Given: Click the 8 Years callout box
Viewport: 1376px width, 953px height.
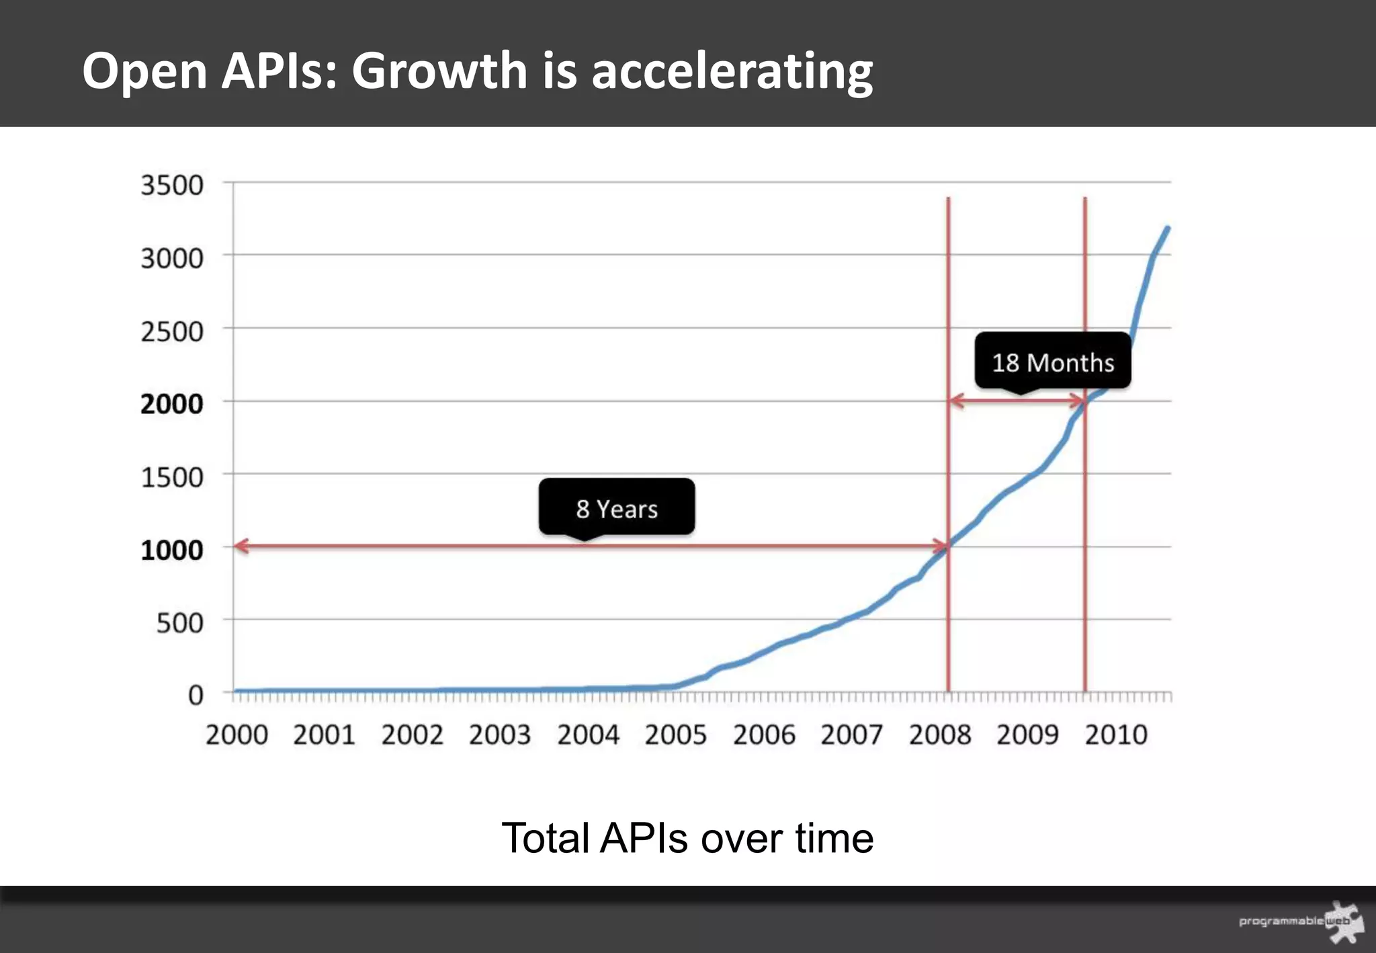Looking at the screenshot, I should point(616,507).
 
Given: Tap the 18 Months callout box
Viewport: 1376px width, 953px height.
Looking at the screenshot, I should point(1052,362).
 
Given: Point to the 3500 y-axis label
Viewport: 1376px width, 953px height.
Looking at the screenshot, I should point(171,185).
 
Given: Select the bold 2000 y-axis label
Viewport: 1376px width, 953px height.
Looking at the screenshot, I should point(171,404).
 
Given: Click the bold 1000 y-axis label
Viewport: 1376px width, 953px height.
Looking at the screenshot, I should point(171,550).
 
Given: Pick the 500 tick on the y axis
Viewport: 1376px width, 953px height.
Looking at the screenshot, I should point(179,623).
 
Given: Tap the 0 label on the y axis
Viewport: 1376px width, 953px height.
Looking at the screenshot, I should point(195,695).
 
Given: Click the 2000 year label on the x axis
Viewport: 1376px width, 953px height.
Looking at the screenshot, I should point(236,735).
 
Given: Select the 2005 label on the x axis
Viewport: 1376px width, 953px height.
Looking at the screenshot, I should point(675,735).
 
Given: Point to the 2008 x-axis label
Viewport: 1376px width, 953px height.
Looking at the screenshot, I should point(939,735).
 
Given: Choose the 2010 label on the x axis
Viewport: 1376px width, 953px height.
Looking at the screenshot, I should point(1115,735).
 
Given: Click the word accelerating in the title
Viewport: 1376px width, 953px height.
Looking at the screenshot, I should point(732,71).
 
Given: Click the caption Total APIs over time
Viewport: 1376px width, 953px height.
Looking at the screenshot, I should point(687,838).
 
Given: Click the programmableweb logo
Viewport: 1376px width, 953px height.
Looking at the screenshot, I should point(1301,921).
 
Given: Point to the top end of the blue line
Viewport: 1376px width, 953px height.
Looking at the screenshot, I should point(1167,229).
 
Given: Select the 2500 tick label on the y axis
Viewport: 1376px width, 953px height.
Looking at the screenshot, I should point(171,331).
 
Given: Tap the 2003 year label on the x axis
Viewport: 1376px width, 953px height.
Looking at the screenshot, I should point(499,735).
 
